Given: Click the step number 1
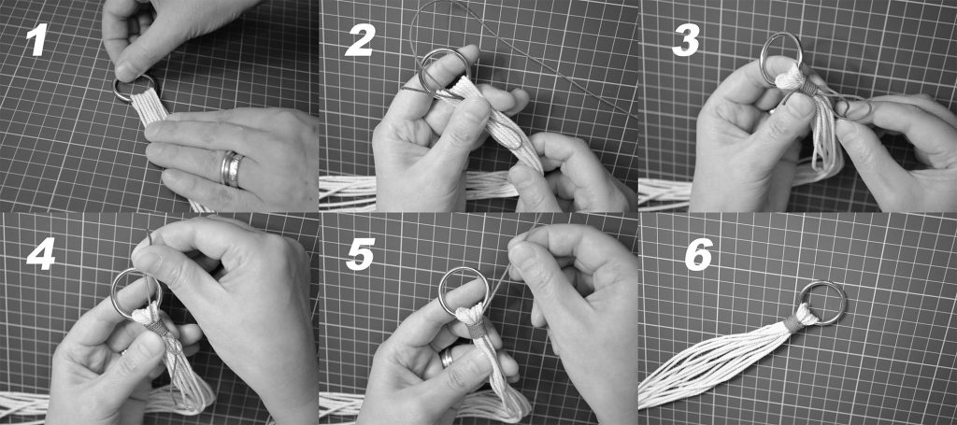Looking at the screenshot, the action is (x=36, y=41).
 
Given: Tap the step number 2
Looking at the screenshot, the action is (x=360, y=40).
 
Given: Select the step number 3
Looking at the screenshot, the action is (x=685, y=41).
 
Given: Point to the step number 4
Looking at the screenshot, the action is (x=41, y=253).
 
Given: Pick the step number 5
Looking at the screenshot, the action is (x=360, y=254).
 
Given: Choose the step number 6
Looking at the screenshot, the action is (x=699, y=254).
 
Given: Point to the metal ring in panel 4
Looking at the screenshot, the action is (x=116, y=292).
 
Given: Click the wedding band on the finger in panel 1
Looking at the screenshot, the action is (x=232, y=169).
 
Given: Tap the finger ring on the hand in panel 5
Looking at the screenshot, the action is (x=448, y=358).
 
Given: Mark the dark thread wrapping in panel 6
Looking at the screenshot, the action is (x=794, y=322).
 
